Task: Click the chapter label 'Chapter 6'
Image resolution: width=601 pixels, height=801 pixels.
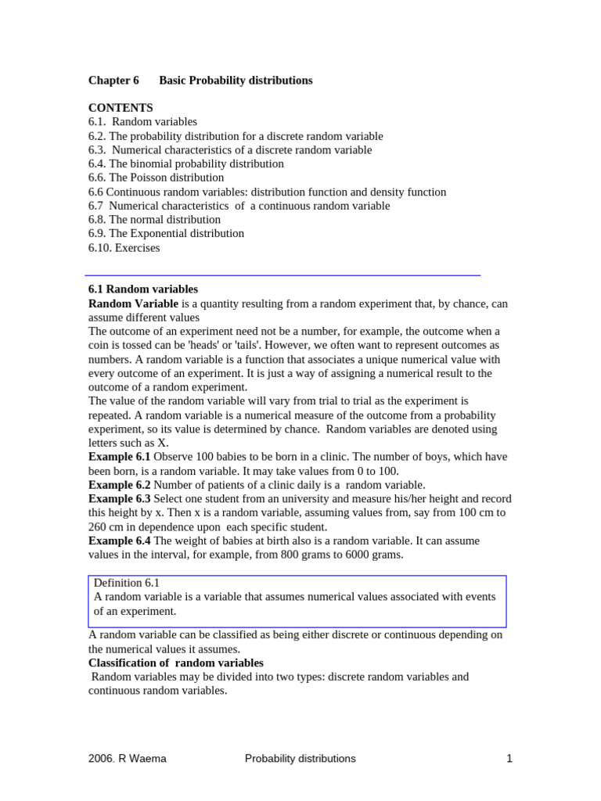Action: [x=113, y=81]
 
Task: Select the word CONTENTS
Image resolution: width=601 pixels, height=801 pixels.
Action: [x=121, y=108]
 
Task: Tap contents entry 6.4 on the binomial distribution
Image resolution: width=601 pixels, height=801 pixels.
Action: [x=186, y=164]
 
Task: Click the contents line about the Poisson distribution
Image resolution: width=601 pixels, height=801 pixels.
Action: [x=156, y=178]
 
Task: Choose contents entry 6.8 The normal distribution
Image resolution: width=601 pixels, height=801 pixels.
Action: [x=154, y=220]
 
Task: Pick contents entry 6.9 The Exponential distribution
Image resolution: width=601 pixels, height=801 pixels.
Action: [x=166, y=234]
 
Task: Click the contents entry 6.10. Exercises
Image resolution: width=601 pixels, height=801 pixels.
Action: [x=124, y=248]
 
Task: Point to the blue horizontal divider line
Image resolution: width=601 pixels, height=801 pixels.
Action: [x=282, y=275]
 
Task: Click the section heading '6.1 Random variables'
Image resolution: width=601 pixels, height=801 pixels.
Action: [x=143, y=289]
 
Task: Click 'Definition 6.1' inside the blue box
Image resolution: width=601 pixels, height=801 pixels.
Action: [x=127, y=584]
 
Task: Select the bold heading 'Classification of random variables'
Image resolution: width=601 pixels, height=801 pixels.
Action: [x=176, y=663]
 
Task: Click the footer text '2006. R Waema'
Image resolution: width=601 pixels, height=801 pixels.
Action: [x=127, y=759]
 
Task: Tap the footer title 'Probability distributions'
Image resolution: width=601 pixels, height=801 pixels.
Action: [x=300, y=759]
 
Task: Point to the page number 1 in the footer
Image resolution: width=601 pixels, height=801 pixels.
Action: [x=509, y=759]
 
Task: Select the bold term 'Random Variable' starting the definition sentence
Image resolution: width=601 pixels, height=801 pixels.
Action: [x=133, y=304]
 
